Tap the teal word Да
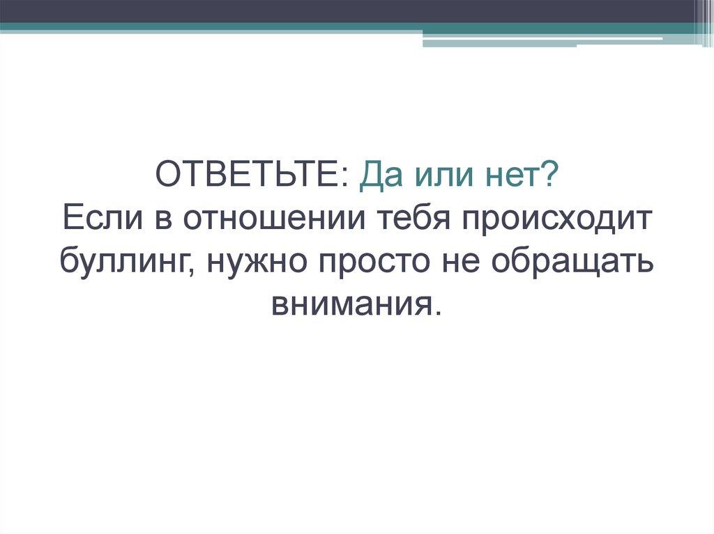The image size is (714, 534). coord(379,177)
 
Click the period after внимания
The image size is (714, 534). coord(438,313)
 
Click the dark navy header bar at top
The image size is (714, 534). coord(349,10)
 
